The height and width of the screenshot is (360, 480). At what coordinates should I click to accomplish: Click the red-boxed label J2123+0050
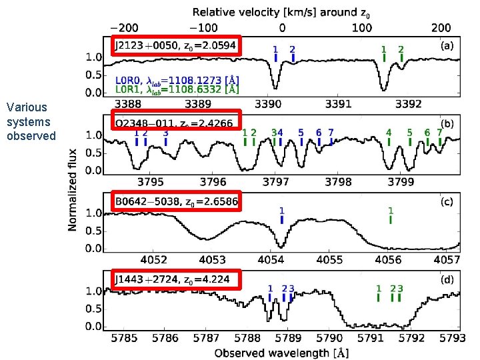[x=175, y=45]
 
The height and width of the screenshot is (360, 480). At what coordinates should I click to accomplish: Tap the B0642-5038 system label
[x=176, y=201]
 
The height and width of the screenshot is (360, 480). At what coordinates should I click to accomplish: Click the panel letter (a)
[x=448, y=47]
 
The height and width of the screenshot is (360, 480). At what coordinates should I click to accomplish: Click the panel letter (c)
[x=448, y=202]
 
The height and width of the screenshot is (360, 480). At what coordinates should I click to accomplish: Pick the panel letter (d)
[x=448, y=280]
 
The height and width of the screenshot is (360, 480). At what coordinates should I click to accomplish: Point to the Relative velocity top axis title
[x=281, y=12]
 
